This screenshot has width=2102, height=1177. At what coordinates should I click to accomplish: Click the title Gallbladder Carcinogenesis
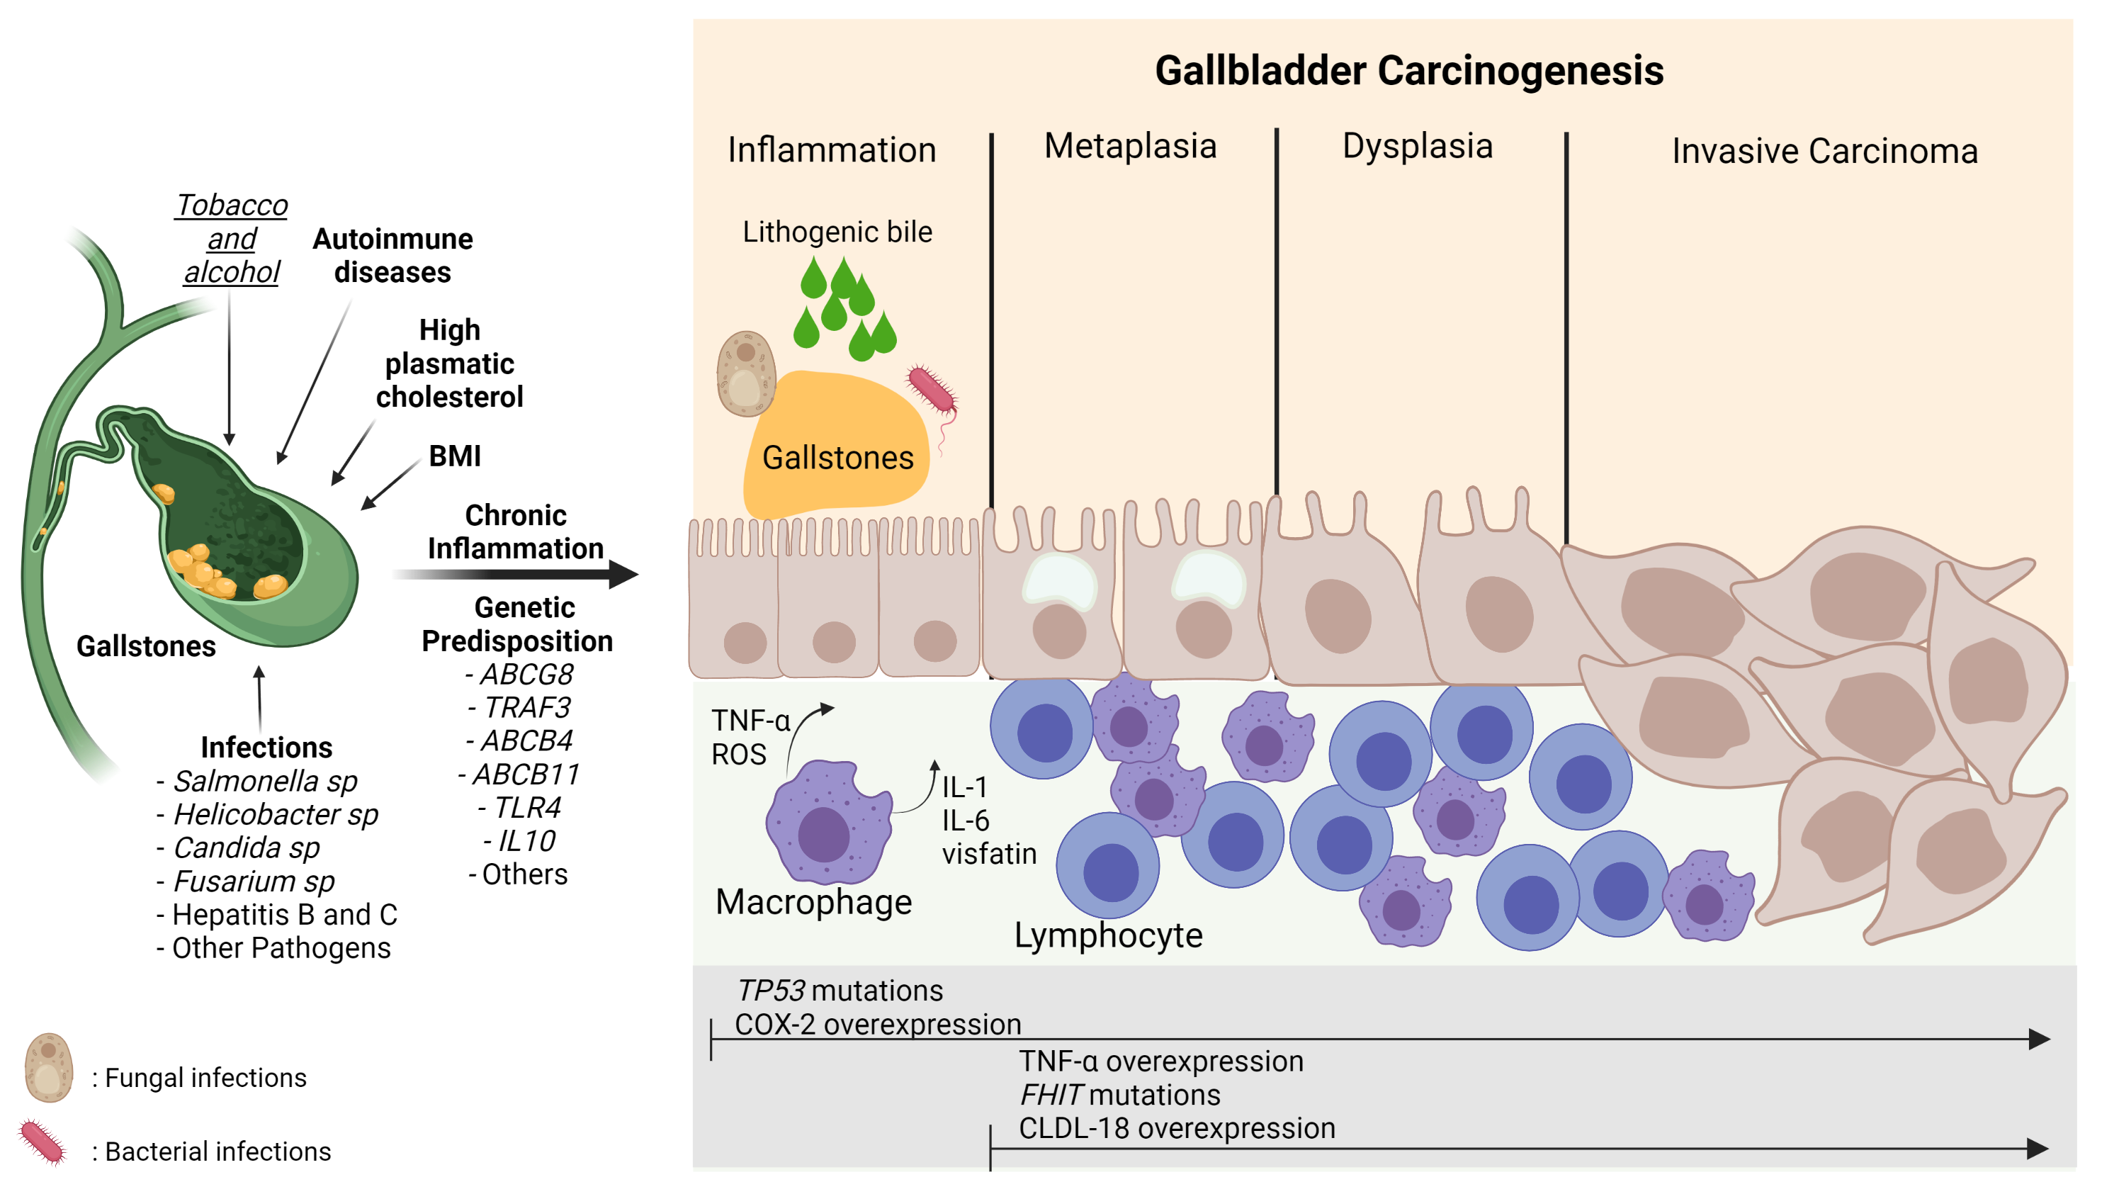pyautogui.click(x=1408, y=70)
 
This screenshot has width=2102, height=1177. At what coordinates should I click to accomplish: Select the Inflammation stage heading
pyautogui.click(x=832, y=150)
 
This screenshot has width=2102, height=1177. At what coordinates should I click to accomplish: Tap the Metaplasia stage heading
pyautogui.click(x=1130, y=146)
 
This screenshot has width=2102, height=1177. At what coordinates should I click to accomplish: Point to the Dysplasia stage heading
pyautogui.click(x=1418, y=146)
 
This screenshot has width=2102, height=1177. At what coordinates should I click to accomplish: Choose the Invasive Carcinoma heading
pyautogui.click(x=1824, y=151)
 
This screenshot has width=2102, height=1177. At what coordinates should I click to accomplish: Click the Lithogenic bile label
pyautogui.click(x=837, y=232)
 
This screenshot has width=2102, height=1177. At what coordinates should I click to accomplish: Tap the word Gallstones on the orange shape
pyautogui.click(x=837, y=458)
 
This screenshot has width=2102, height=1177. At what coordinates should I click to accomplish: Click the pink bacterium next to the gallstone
pyautogui.click(x=931, y=390)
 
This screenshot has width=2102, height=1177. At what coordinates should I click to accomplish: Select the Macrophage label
pyautogui.click(x=813, y=902)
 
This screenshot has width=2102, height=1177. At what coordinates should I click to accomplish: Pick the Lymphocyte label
pyautogui.click(x=1107, y=935)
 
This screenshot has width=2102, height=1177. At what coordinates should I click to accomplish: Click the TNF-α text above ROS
pyautogui.click(x=750, y=721)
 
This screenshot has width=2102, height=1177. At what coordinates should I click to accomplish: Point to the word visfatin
pyautogui.click(x=989, y=854)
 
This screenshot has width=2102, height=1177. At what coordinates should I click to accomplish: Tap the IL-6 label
pyautogui.click(x=966, y=821)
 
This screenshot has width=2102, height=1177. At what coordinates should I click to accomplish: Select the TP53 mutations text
pyautogui.click(x=839, y=990)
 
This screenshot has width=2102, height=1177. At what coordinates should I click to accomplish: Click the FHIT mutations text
pyautogui.click(x=1119, y=1095)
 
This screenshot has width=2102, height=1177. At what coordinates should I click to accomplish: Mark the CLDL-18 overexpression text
pyautogui.click(x=1177, y=1128)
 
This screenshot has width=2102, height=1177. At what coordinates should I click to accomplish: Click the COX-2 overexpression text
pyautogui.click(x=877, y=1025)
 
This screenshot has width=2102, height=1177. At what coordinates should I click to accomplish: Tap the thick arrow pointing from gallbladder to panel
pyautogui.click(x=514, y=575)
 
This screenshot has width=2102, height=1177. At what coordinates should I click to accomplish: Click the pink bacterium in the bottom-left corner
pyautogui.click(x=42, y=1140)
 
